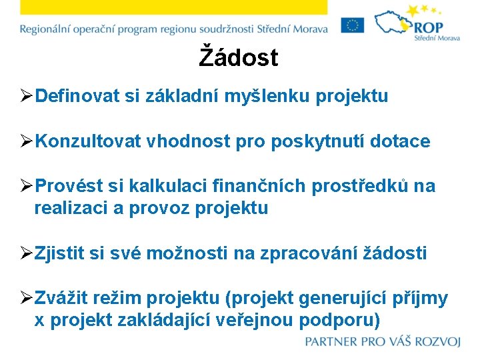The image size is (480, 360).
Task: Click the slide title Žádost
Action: click(x=239, y=58)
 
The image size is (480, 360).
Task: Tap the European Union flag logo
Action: click(x=353, y=25)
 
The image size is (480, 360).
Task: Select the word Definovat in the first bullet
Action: click(x=77, y=97)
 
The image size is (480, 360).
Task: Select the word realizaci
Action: click(x=71, y=208)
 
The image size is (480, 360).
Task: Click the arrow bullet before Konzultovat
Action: click(x=26, y=142)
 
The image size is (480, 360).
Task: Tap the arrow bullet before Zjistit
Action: click(x=26, y=254)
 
